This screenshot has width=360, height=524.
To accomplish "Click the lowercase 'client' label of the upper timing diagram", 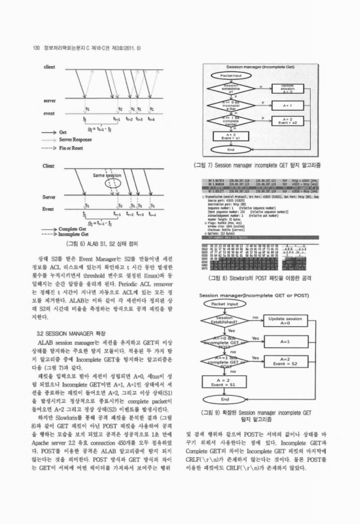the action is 48,67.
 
